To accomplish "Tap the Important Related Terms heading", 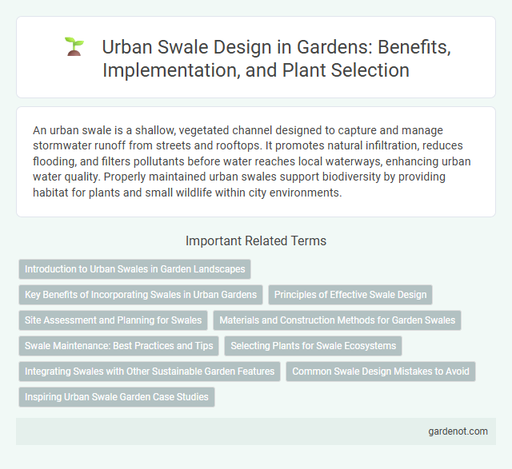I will click(x=255, y=240).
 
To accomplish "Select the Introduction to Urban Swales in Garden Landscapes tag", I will click(x=134, y=269).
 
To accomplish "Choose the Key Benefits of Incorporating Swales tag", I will click(x=141, y=295).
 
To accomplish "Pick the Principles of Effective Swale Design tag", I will click(x=350, y=295).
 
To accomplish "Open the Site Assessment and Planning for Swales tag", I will click(x=113, y=320).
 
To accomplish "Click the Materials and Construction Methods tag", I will click(x=337, y=320).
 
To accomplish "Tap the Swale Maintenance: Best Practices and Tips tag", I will click(x=118, y=346).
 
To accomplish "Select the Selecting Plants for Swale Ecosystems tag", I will click(x=314, y=346).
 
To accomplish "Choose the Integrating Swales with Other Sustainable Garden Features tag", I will click(x=149, y=372).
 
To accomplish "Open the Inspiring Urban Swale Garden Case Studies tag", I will click(x=117, y=397).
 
